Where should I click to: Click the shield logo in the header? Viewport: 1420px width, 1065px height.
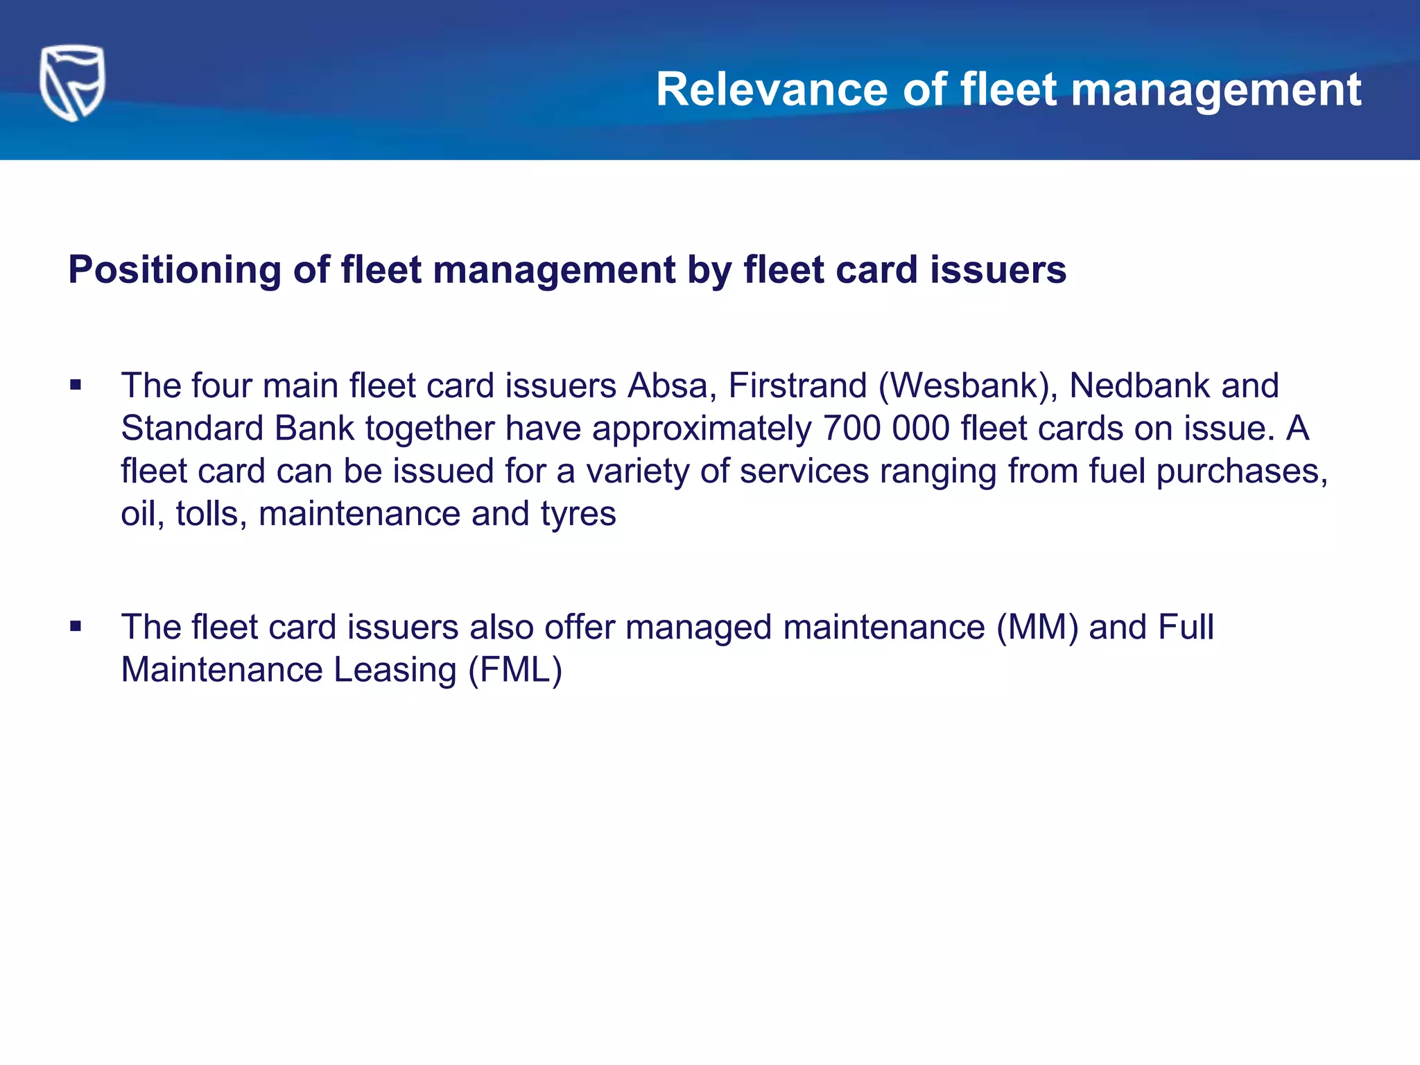pos(72,83)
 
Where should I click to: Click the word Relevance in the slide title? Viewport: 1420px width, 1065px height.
pos(772,90)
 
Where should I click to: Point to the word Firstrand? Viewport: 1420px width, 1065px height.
pos(797,386)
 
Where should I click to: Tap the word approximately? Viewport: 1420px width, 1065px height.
pos(701,428)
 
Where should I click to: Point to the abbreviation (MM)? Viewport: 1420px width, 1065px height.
pos(1037,627)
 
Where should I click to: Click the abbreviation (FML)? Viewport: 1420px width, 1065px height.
pos(515,670)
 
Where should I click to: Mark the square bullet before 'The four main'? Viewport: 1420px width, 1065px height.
pos(76,386)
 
